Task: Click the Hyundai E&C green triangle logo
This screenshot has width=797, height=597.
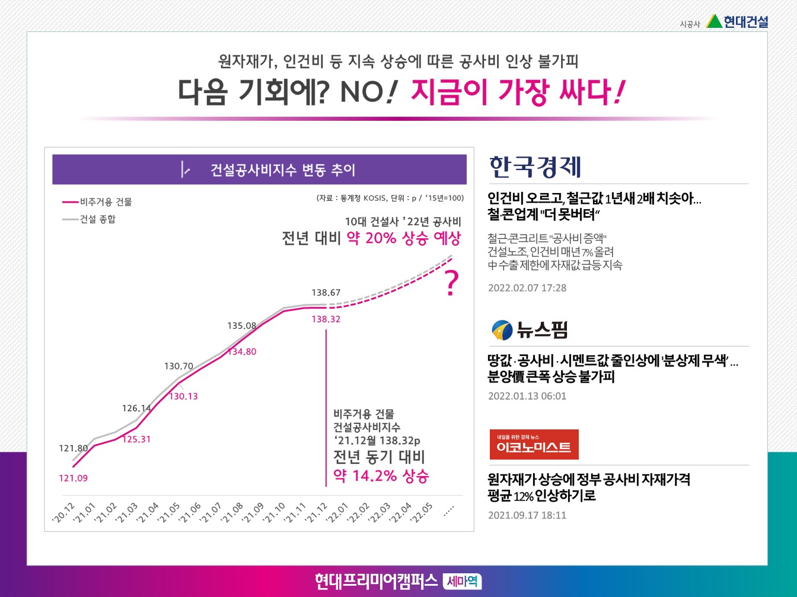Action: pyautogui.click(x=714, y=21)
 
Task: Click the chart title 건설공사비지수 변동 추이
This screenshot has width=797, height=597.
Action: pyautogui.click(x=282, y=171)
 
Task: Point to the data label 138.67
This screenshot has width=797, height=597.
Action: pyautogui.click(x=326, y=293)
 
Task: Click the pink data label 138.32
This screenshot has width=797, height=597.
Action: pyautogui.click(x=326, y=319)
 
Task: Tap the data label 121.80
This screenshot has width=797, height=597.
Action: pyautogui.click(x=73, y=448)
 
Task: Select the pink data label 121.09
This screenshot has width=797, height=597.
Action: pyautogui.click(x=73, y=478)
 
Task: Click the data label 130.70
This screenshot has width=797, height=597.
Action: pyautogui.click(x=178, y=367)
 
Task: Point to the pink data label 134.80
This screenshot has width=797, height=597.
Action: pyautogui.click(x=243, y=352)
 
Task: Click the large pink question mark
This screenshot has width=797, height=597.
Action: pyautogui.click(x=452, y=284)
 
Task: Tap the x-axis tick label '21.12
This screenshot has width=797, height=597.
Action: pyautogui.click(x=317, y=513)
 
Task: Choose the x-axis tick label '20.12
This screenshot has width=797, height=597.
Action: pyautogui.click(x=63, y=513)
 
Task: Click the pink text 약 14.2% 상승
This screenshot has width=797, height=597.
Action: pyautogui.click(x=381, y=476)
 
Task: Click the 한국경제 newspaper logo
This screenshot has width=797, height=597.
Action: pyautogui.click(x=535, y=167)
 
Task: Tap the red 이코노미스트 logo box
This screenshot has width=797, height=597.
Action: pyautogui.click(x=534, y=445)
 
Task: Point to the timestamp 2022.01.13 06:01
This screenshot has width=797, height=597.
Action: pyautogui.click(x=527, y=396)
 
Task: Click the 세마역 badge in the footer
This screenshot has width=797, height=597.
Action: pyautogui.click(x=462, y=581)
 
